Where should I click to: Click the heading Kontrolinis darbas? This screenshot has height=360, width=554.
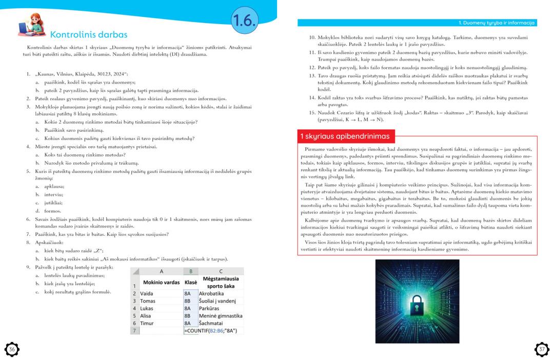coord(89,35)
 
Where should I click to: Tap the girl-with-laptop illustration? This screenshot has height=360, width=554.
coord(31,26)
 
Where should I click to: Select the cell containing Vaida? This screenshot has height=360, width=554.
coord(147,293)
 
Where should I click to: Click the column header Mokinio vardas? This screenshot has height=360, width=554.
coord(161,282)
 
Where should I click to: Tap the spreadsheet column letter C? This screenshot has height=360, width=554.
coord(221,271)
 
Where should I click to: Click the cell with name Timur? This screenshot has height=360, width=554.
coord(147,323)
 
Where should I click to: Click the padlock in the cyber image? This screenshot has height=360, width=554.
coord(417,303)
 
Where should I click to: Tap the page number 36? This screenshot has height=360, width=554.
coord(12,349)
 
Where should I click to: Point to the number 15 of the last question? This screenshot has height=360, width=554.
coord(311,112)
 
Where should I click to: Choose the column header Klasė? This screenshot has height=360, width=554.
coord(190,282)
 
